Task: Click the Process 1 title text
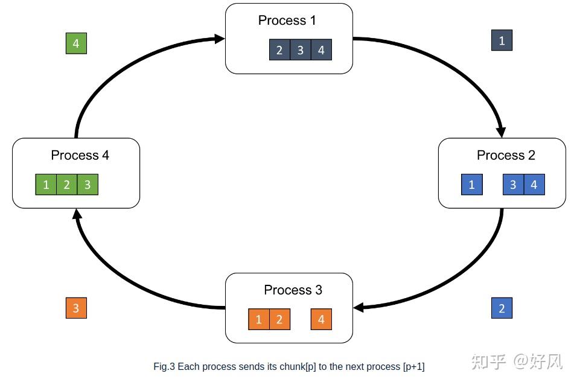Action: (x=287, y=21)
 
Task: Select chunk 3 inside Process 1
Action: (x=300, y=50)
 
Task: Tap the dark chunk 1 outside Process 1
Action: (x=502, y=41)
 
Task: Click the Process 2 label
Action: (x=506, y=156)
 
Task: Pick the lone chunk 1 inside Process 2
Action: (x=471, y=185)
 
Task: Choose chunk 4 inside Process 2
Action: (x=534, y=185)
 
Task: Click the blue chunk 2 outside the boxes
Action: (x=502, y=308)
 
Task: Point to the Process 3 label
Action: (x=293, y=290)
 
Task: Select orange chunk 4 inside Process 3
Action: (x=321, y=319)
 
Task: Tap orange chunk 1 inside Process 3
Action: (x=258, y=319)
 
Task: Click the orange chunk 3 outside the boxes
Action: (x=76, y=308)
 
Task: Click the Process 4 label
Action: (x=80, y=156)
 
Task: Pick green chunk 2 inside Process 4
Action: (x=66, y=185)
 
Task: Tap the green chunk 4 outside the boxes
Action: (x=76, y=43)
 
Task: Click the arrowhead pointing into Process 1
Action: (x=219, y=39)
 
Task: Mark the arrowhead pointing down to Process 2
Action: (x=500, y=131)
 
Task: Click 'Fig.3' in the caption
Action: (x=164, y=366)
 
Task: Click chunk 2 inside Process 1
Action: (x=279, y=50)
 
